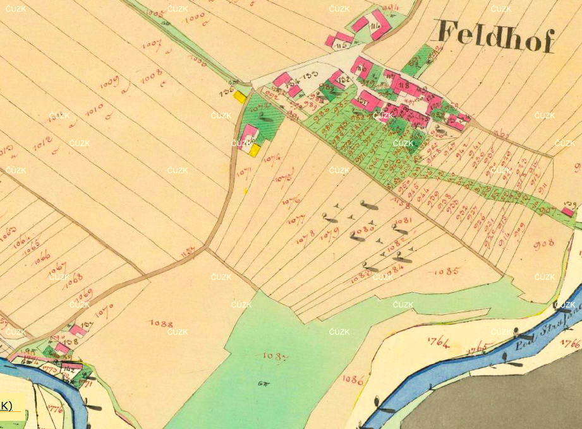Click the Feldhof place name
tap(495, 37)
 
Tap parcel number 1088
tap(162, 324)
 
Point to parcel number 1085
tap(447, 271)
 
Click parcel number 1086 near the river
tap(353, 379)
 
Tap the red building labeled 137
tap(78, 330)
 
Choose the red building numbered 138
tap(62, 348)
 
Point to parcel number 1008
tap(152, 76)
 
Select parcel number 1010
tap(94, 110)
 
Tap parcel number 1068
tap(74, 278)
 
